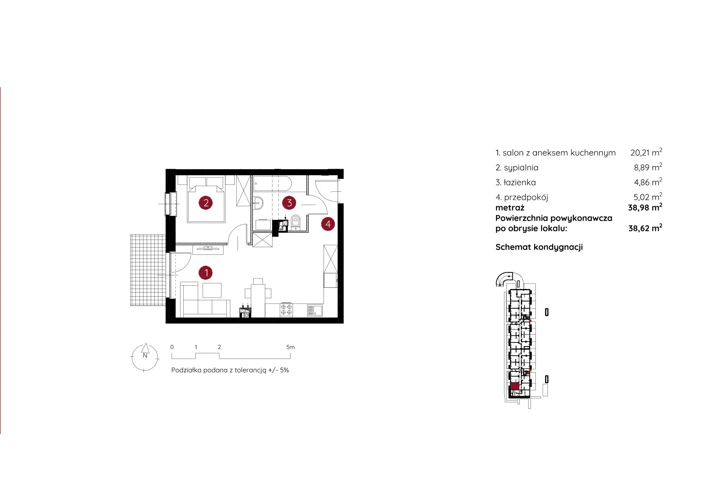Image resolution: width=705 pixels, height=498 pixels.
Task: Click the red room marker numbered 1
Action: pos(206,273)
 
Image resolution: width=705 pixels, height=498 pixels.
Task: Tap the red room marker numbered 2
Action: pos(206,203)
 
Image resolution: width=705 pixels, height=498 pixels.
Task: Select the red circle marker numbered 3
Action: pos(289,203)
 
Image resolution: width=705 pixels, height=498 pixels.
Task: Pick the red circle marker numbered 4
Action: pos(328,224)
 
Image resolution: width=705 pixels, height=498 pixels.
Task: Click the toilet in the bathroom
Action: pos(296,222)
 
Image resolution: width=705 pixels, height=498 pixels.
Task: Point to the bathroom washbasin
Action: pos(258,203)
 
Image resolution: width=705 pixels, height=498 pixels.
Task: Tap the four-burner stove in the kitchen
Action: pos(286,310)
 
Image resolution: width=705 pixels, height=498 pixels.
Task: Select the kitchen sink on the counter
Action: pos(315,310)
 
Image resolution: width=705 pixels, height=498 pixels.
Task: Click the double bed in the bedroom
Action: pos(206,199)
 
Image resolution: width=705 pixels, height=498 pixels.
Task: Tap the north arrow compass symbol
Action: pos(145,357)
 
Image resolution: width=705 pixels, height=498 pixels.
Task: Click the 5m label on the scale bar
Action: pos(290,347)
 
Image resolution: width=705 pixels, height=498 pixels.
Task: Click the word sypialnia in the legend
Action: pos(521,168)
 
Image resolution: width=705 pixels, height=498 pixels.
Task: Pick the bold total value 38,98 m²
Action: pos(645,207)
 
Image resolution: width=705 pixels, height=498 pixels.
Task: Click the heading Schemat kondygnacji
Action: pos(539,247)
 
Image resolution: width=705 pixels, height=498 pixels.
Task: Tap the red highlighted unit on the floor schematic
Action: pos(514,387)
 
